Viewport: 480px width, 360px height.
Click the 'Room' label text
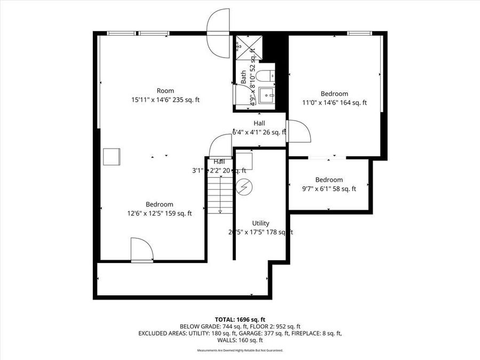pos(165,91)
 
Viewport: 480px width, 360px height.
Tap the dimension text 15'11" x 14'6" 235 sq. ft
pos(165,100)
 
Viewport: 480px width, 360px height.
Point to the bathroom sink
pos(266,95)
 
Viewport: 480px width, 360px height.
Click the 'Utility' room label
pos(261,223)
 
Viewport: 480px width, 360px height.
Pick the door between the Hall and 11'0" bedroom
pos(298,131)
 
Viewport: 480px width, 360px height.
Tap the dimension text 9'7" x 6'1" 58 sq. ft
pos(329,189)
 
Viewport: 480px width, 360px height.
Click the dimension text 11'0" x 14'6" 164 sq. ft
pos(334,103)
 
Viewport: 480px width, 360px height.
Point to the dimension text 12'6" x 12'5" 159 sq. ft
pos(159,213)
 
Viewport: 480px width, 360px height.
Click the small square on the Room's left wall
pos(111,157)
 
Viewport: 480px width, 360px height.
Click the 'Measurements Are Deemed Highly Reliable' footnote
pos(239,350)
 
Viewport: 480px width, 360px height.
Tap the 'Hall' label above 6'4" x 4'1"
pos(259,123)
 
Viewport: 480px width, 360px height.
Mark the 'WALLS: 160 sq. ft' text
pos(239,340)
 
